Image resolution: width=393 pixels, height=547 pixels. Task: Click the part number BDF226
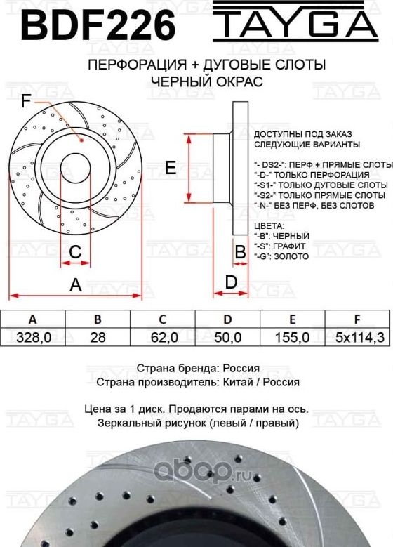[x=98, y=26]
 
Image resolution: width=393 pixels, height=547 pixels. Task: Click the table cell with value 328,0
[x=33, y=337]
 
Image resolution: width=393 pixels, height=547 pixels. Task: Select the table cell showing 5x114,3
[x=359, y=337]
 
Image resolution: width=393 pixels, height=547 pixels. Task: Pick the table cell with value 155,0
[x=292, y=337]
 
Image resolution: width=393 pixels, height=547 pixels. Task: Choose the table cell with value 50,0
[x=227, y=337]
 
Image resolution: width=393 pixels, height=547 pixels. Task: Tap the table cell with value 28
[x=98, y=337]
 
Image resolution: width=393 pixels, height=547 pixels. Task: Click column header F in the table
[x=357, y=318]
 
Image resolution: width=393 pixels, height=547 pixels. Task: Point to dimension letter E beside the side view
[x=169, y=167]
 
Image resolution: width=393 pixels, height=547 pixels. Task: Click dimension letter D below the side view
[x=229, y=282]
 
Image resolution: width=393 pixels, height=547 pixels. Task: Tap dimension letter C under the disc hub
[x=76, y=251]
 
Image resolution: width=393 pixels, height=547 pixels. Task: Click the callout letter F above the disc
[x=26, y=102]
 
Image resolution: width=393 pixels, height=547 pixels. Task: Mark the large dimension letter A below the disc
[x=75, y=285]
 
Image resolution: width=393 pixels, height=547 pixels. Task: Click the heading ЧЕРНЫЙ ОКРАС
[x=206, y=81]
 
